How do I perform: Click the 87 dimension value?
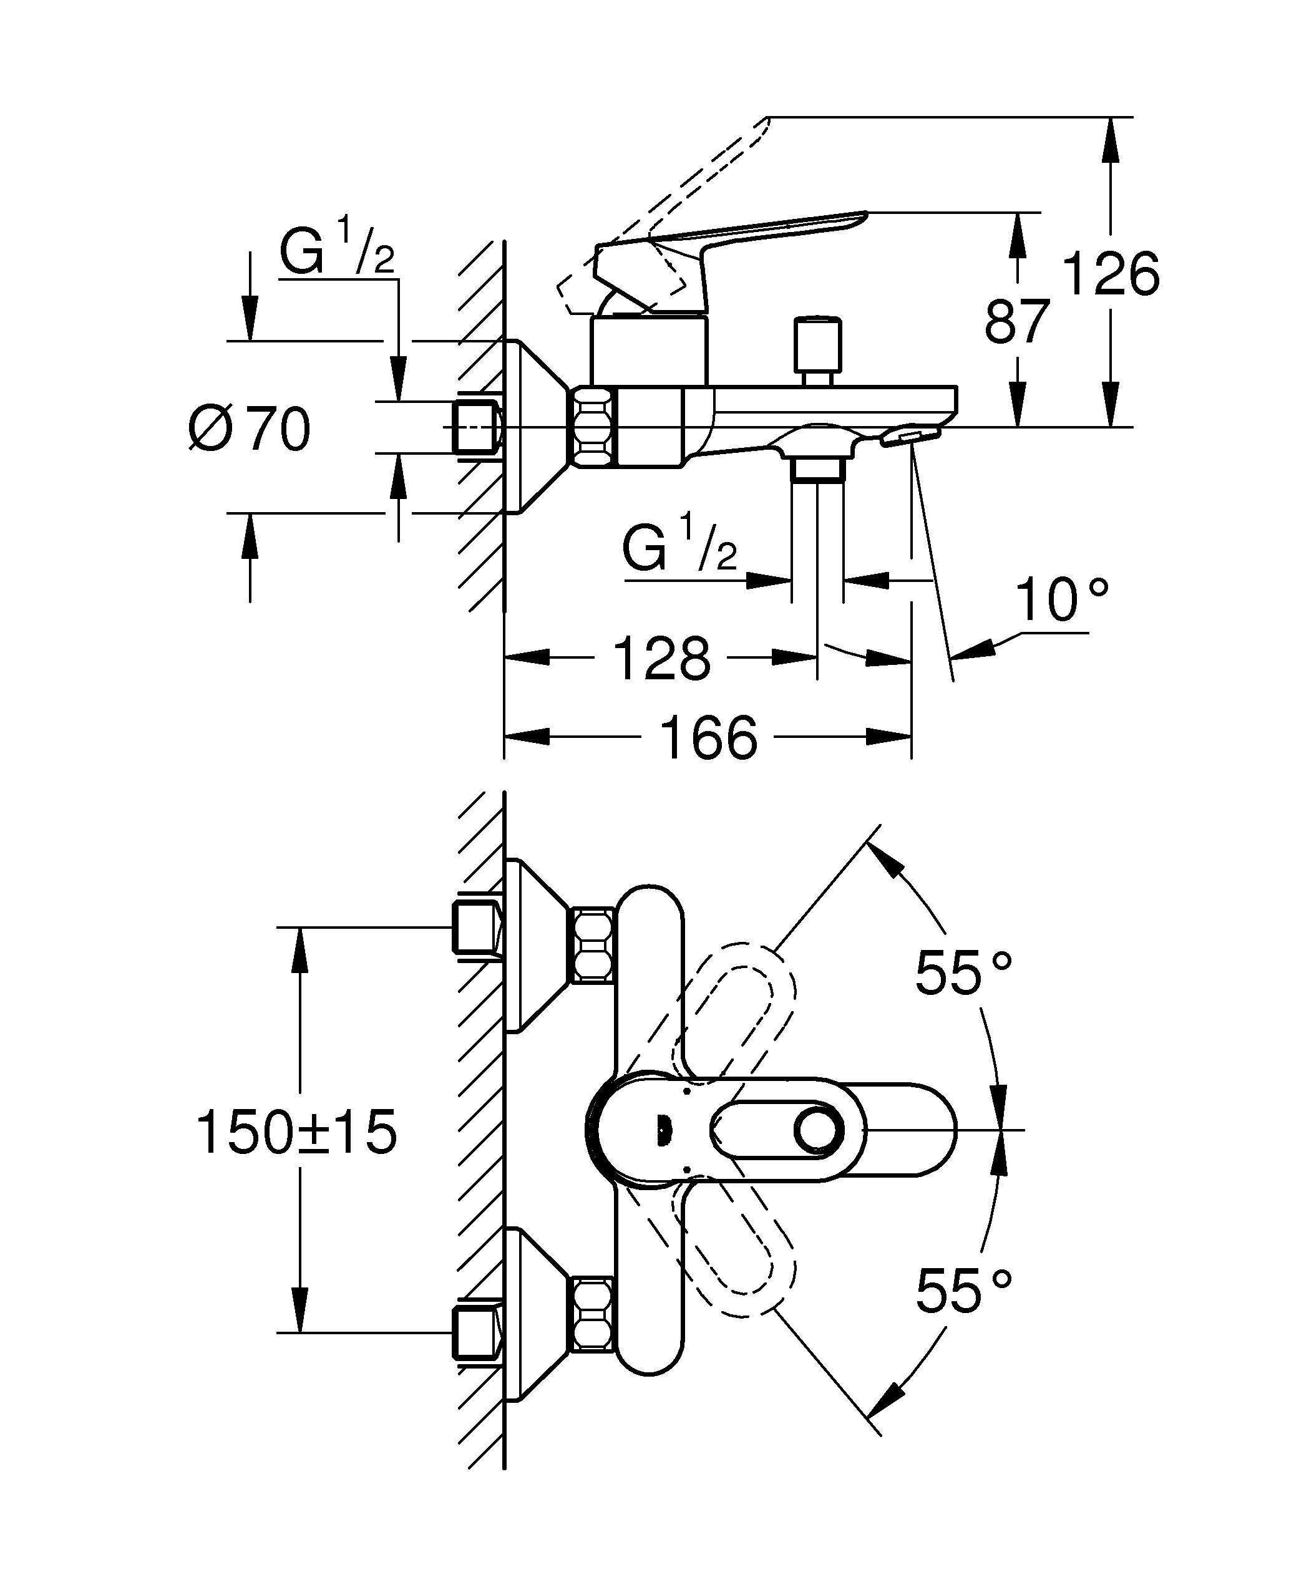[x=1016, y=321]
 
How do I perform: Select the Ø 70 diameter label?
[x=250, y=429]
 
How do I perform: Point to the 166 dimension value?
[x=709, y=737]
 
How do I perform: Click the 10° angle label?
[x=1061, y=600]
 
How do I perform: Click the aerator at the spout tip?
[x=909, y=437]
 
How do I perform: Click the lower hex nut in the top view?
[x=593, y=1323]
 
